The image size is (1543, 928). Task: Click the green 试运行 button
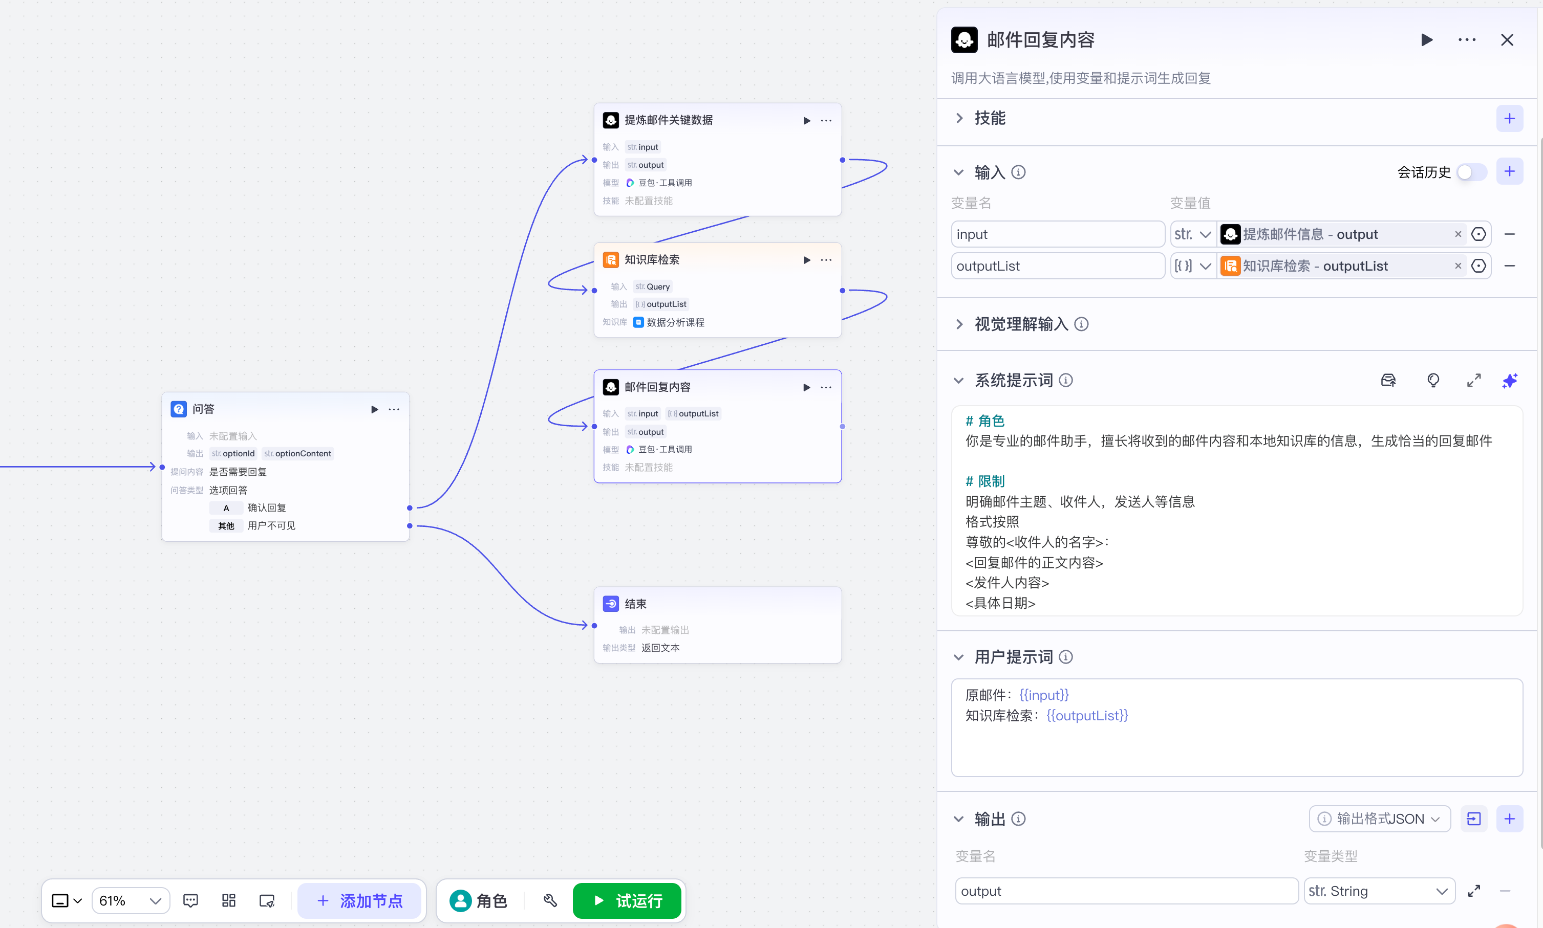coord(627,900)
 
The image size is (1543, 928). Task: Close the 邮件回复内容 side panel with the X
coord(1507,40)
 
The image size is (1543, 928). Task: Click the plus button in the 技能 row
coord(1509,118)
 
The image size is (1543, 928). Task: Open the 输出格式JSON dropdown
coord(1379,819)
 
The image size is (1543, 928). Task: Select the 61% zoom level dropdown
coord(130,900)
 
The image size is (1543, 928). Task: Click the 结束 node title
coord(635,604)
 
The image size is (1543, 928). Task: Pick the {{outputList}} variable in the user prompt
coord(1087,715)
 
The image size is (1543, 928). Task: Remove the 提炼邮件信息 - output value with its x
coord(1458,234)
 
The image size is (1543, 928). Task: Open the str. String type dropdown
coord(1379,891)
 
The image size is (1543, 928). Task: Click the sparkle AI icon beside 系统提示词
coord(1509,380)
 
